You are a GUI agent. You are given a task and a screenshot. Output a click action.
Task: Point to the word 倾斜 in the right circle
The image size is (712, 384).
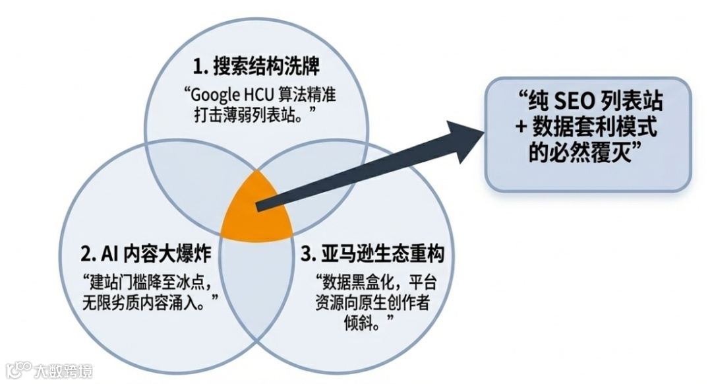[361, 321]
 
